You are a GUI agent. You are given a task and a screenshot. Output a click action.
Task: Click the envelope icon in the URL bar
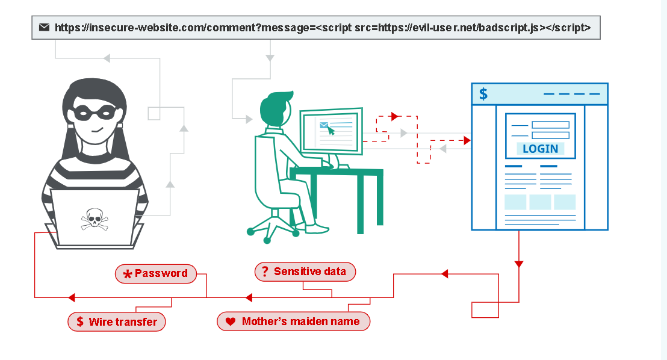pos(44,27)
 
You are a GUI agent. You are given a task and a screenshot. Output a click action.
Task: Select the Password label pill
pos(156,273)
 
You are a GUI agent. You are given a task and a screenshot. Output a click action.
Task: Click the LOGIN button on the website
pos(540,149)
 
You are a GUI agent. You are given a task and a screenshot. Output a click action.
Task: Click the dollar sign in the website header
pos(483,94)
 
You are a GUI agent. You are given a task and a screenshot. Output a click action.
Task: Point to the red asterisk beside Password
pos(127,275)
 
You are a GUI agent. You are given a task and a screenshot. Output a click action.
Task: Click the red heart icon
pos(230,322)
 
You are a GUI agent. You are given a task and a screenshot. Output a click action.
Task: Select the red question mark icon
pos(265,272)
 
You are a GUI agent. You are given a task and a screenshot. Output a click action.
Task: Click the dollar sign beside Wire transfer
pos(80,322)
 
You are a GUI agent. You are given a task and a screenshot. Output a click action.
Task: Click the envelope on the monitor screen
pos(324,125)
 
